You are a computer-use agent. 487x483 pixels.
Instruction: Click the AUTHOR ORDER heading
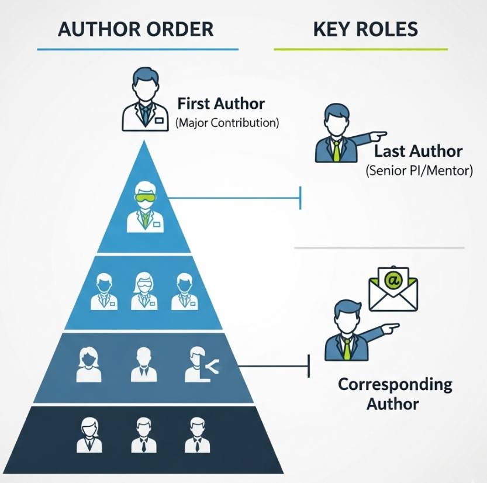pyautogui.click(x=136, y=29)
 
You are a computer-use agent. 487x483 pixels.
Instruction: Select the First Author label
pyautogui.click(x=221, y=104)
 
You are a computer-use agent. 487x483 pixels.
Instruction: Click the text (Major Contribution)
pyautogui.click(x=227, y=123)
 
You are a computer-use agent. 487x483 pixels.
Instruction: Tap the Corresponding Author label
pyautogui.click(x=395, y=394)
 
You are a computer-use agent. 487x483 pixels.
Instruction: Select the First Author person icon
pyautogui.click(x=144, y=99)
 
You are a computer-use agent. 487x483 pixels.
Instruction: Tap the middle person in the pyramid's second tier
pyautogui.click(x=144, y=291)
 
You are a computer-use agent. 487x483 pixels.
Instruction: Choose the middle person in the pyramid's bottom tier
pyautogui.click(x=144, y=434)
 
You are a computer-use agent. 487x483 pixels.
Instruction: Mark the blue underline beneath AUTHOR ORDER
pyautogui.click(x=137, y=50)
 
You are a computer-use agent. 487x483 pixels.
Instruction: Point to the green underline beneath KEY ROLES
pyautogui.click(x=361, y=50)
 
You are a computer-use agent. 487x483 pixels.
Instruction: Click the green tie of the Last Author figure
pyautogui.click(x=337, y=151)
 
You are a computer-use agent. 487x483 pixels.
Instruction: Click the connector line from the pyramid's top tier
pyautogui.click(x=234, y=198)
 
